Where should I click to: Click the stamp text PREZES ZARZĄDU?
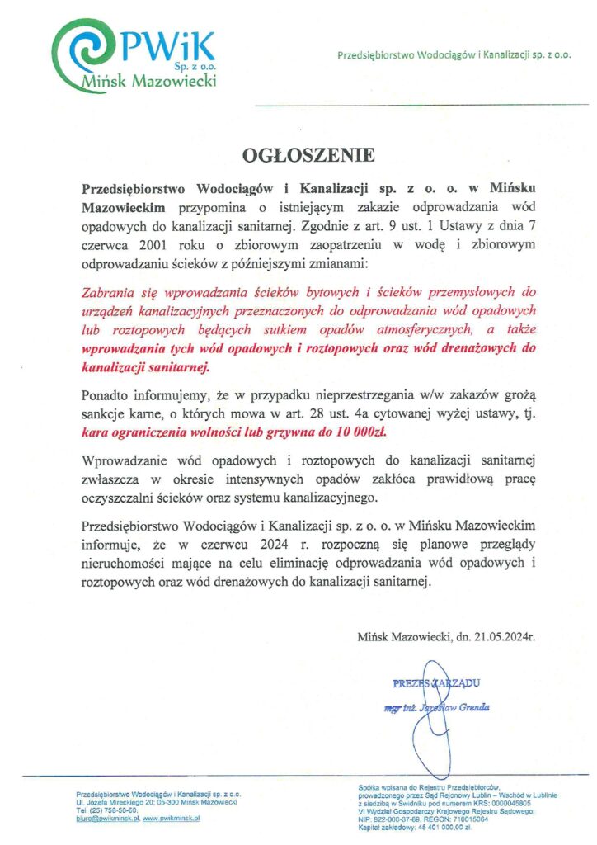tap(436, 682)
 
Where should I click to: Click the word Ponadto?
tap(106, 394)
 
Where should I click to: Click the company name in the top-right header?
tap(454, 55)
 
